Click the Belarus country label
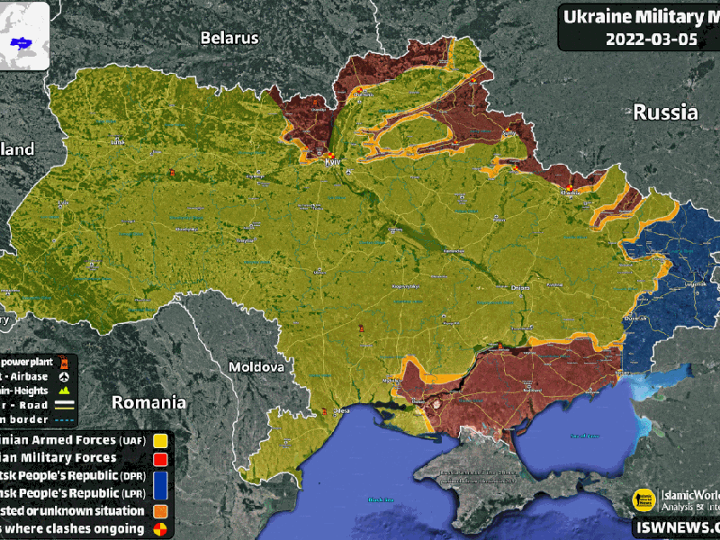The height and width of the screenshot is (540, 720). tap(229, 38)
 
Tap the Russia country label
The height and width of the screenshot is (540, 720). tap(665, 112)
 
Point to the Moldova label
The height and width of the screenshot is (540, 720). tap(256, 367)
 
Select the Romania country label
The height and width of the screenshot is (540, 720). tap(148, 402)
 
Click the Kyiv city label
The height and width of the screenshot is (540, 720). tap(331, 163)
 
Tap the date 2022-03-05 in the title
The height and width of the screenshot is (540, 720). tap(643, 39)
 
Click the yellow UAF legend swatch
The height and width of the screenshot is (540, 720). tap(161, 441)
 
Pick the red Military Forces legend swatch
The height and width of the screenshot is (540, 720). tap(161, 458)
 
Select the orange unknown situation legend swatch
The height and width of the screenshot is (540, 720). tap(161, 510)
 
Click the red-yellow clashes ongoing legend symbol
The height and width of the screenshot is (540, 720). tap(161, 528)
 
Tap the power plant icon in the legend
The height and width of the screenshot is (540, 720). tap(65, 362)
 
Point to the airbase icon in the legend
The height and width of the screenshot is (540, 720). tap(65, 376)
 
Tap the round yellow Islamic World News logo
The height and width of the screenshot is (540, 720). tap(643, 499)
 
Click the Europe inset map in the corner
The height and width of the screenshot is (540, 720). tap(24, 34)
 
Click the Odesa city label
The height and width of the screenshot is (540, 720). tap(341, 411)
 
